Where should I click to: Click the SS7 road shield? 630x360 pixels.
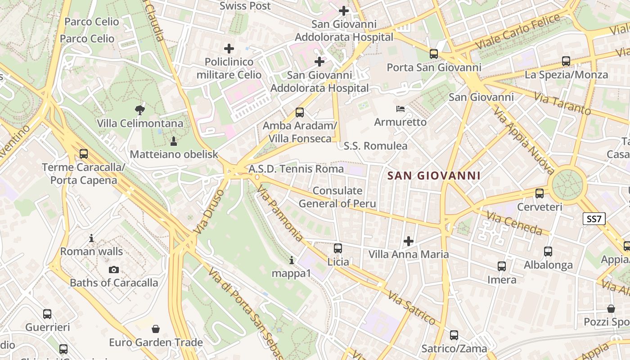pyautogui.click(x=594, y=219)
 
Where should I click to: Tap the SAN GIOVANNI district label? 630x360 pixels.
pyautogui.click(x=434, y=175)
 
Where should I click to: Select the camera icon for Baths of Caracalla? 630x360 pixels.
pyautogui.click(x=114, y=270)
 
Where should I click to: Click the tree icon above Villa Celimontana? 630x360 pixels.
pyautogui.click(x=140, y=109)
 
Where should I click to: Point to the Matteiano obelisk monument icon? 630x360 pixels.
pyautogui.click(x=174, y=141)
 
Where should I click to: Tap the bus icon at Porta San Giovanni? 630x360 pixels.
pyautogui.click(x=434, y=54)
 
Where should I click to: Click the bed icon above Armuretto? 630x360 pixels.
pyautogui.click(x=400, y=109)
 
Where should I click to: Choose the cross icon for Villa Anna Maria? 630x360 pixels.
pyautogui.click(x=409, y=241)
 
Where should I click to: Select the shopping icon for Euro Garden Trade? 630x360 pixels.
pyautogui.click(x=156, y=329)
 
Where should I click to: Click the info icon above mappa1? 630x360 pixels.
pyautogui.click(x=292, y=260)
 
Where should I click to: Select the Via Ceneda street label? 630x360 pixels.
pyautogui.click(x=514, y=222)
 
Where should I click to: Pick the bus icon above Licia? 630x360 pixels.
pyautogui.click(x=338, y=248)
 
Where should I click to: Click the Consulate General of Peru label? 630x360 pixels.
pyautogui.click(x=337, y=197)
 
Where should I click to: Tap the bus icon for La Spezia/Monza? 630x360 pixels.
pyautogui.click(x=566, y=61)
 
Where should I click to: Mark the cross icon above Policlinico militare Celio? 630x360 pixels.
pyautogui.click(x=229, y=48)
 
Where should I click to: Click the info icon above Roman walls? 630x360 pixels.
pyautogui.click(x=91, y=238)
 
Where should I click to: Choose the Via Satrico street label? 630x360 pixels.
pyautogui.click(x=412, y=308)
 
